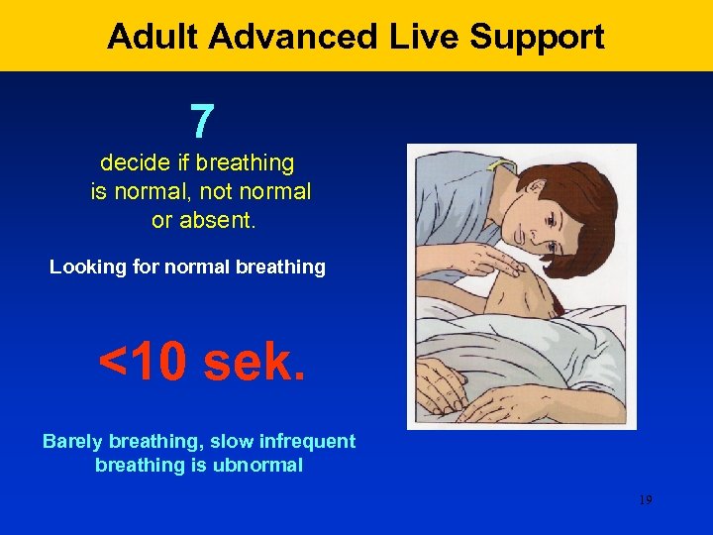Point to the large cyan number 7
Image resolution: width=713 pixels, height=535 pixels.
point(201,122)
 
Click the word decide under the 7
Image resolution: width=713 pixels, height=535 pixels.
point(132,162)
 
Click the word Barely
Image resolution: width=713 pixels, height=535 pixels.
point(74,441)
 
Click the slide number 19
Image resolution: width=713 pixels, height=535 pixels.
point(645,500)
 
